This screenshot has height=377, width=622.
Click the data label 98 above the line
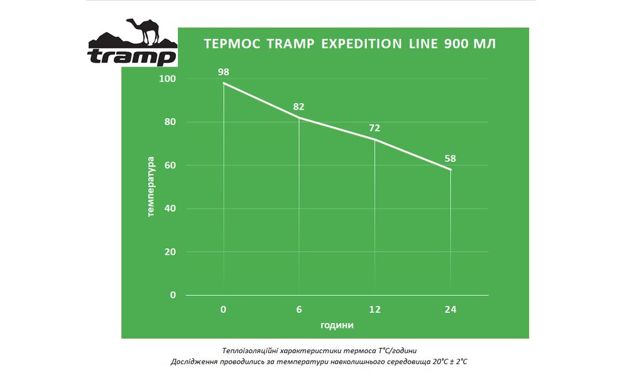tap(223, 72)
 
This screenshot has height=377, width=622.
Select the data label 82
tap(299, 107)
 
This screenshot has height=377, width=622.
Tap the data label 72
tap(374, 128)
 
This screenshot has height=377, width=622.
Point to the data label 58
tap(450, 159)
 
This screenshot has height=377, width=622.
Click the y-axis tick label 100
tap(169, 79)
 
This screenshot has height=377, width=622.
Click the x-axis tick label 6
tap(299, 310)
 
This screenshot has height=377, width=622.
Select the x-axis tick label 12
tap(374, 310)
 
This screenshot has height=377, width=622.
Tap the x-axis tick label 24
tap(450, 310)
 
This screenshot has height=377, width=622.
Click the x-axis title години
tap(337, 325)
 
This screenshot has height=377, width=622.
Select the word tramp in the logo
tap(132, 57)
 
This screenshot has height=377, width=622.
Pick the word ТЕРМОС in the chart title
tap(232, 44)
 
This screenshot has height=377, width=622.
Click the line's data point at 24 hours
tap(450, 170)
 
